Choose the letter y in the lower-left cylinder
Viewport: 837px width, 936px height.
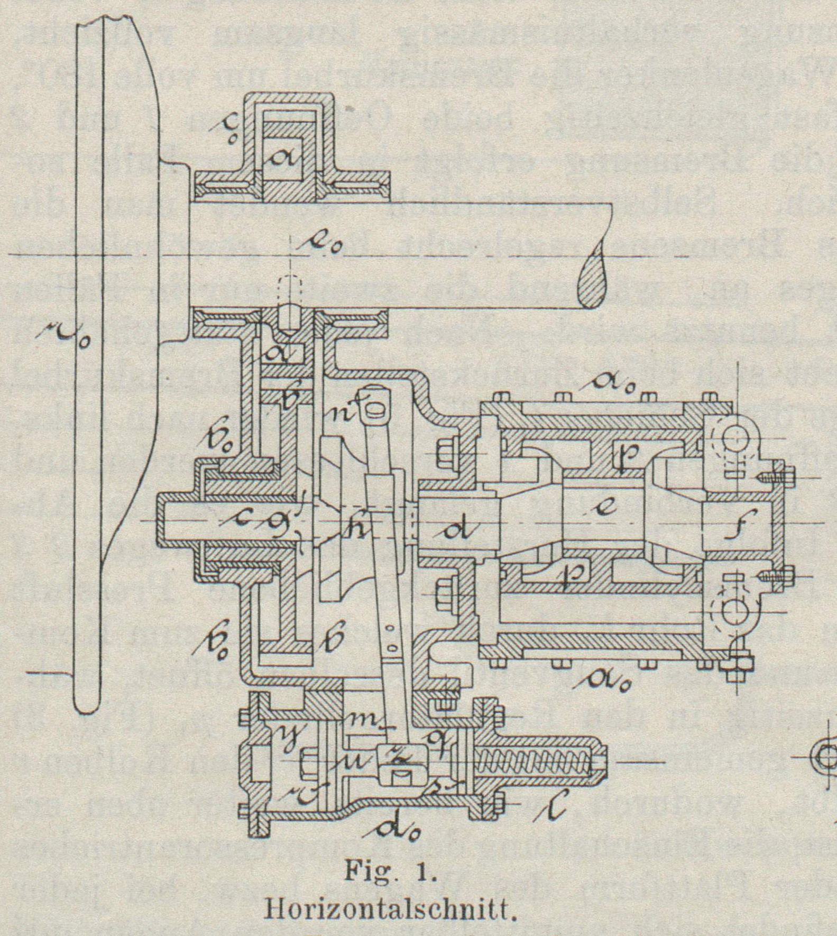289,735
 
